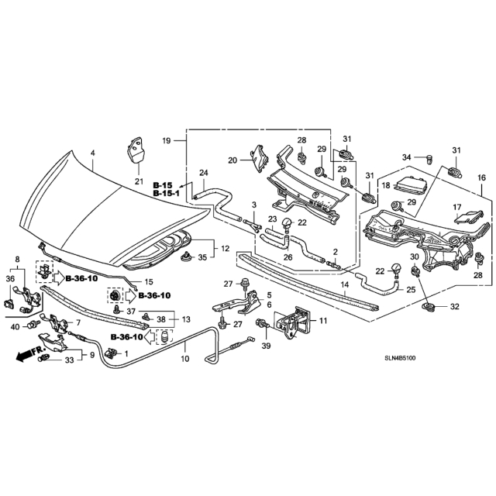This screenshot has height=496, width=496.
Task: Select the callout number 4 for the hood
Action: (x=93, y=153)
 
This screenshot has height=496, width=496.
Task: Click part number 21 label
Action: (x=139, y=181)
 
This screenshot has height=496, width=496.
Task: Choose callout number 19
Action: (x=167, y=140)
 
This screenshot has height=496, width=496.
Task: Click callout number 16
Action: (x=481, y=177)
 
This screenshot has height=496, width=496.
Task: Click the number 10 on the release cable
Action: (x=185, y=360)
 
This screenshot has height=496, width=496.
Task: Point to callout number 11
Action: (x=323, y=320)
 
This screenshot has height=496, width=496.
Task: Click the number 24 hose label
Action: (x=204, y=173)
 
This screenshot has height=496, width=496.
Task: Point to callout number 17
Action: (x=456, y=207)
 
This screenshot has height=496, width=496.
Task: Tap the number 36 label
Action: (x=10, y=279)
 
